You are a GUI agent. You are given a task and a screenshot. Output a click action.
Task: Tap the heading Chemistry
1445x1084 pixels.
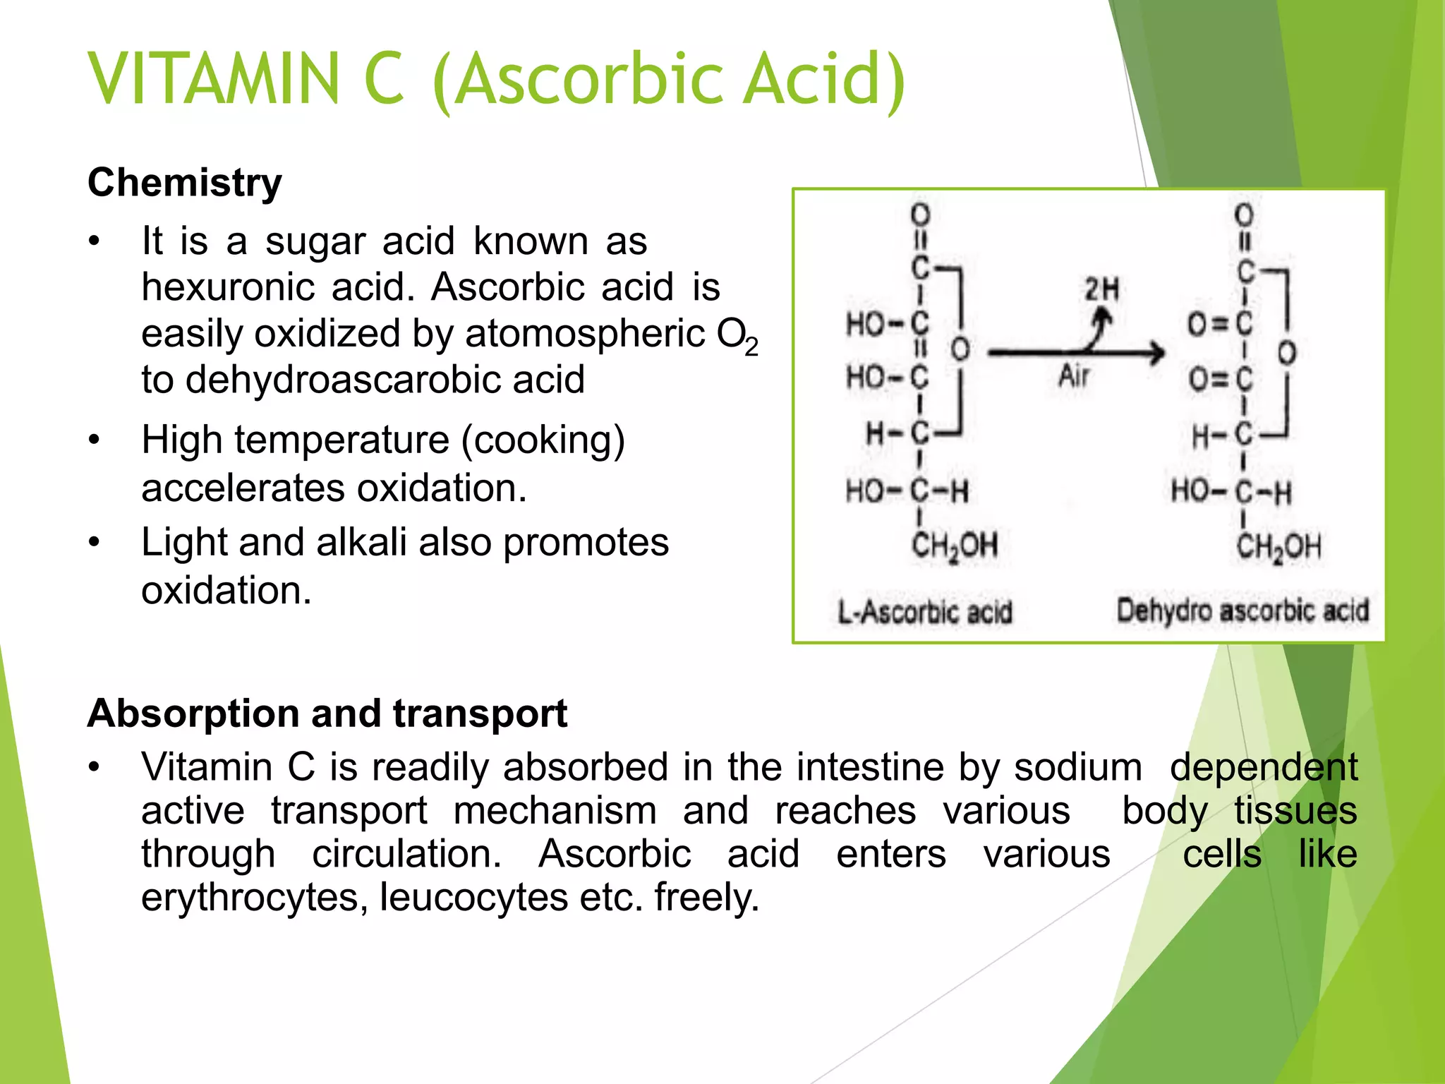185,183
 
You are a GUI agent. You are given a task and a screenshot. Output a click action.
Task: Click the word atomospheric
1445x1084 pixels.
585,334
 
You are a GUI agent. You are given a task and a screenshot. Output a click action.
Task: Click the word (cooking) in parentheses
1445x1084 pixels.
543,440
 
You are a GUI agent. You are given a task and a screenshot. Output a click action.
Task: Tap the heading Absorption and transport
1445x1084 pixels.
327,713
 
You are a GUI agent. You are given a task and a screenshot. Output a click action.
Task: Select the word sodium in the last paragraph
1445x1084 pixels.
1078,767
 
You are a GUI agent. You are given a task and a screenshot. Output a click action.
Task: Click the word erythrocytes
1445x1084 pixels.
255,898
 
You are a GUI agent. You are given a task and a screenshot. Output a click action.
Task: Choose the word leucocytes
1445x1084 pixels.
473,898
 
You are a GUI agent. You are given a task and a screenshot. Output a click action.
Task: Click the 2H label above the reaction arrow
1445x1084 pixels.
1101,289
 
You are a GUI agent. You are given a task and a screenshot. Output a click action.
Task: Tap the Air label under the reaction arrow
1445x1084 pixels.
1074,376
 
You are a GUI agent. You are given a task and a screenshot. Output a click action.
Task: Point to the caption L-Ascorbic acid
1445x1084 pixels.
924,612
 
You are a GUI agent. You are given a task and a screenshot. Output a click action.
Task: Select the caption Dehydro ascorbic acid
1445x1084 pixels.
1243,610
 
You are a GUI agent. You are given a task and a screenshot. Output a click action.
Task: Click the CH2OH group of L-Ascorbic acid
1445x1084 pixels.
955,546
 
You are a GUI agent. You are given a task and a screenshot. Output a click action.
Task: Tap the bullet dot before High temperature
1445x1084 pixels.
95,440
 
